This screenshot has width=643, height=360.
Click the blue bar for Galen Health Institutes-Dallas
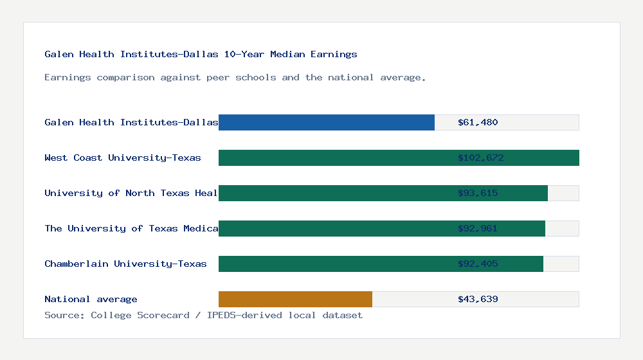click(x=326, y=122)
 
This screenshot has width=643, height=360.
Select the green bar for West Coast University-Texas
click(x=334, y=157)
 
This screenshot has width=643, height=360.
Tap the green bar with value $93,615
click(x=334, y=193)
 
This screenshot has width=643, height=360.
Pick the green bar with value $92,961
click(x=334, y=228)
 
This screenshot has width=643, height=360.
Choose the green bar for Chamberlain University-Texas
click(x=334, y=264)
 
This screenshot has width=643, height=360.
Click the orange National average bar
click(x=295, y=299)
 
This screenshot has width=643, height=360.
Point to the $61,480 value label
click(x=478, y=122)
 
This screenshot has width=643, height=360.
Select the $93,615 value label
click(x=478, y=193)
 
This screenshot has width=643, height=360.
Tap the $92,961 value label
click(x=478, y=228)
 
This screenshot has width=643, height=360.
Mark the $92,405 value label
click(x=478, y=264)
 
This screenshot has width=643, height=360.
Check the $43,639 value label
click(x=478, y=299)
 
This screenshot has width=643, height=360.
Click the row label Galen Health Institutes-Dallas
click(x=131, y=122)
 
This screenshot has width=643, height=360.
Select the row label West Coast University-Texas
click(x=123, y=157)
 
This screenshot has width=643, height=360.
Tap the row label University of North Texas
click(x=131, y=193)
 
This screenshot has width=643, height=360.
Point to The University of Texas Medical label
click(x=131, y=228)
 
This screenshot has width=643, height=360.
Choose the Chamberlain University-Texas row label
click(x=125, y=264)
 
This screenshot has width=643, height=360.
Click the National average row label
click(x=91, y=299)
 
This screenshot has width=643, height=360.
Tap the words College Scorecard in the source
click(x=140, y=315)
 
